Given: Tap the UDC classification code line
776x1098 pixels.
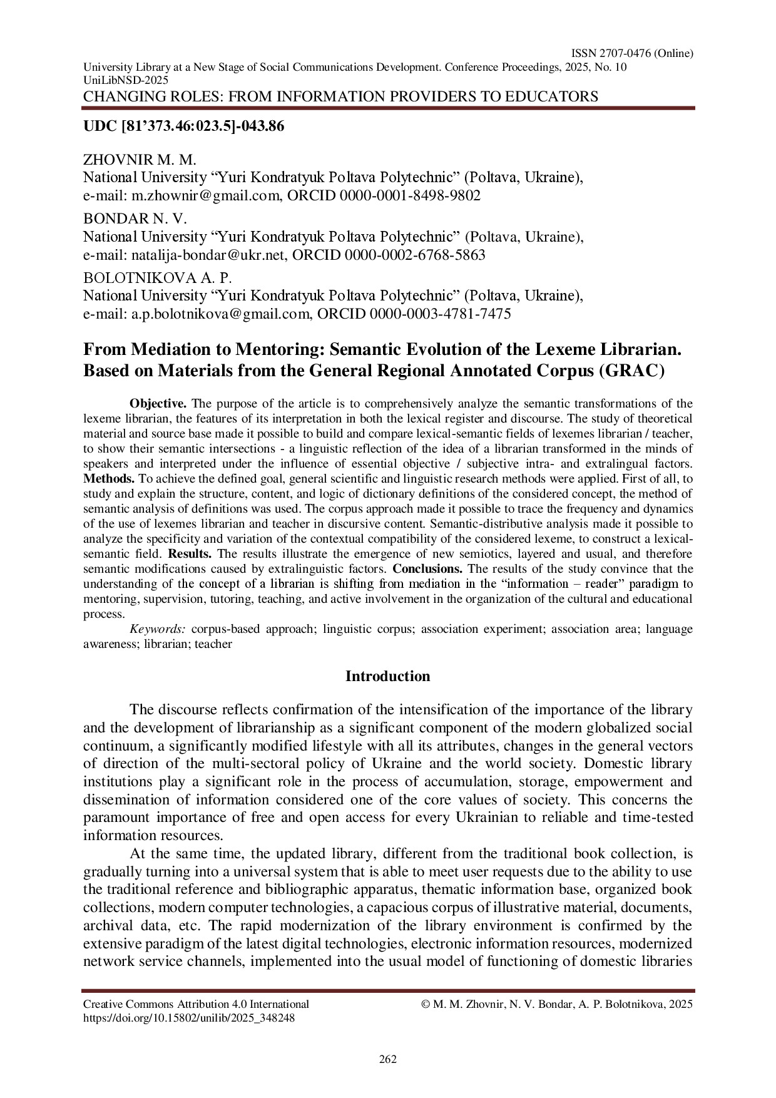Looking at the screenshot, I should tap(184, 126).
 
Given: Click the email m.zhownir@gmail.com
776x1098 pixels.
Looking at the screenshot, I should tap(205, 196).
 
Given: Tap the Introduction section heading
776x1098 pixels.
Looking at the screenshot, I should tap(388, 677).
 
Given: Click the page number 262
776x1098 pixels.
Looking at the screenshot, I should tap(388, 1059).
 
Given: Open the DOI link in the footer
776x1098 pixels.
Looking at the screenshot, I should tap(189, 1018).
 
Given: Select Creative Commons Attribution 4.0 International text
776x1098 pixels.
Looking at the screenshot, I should tap(196, 1004).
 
